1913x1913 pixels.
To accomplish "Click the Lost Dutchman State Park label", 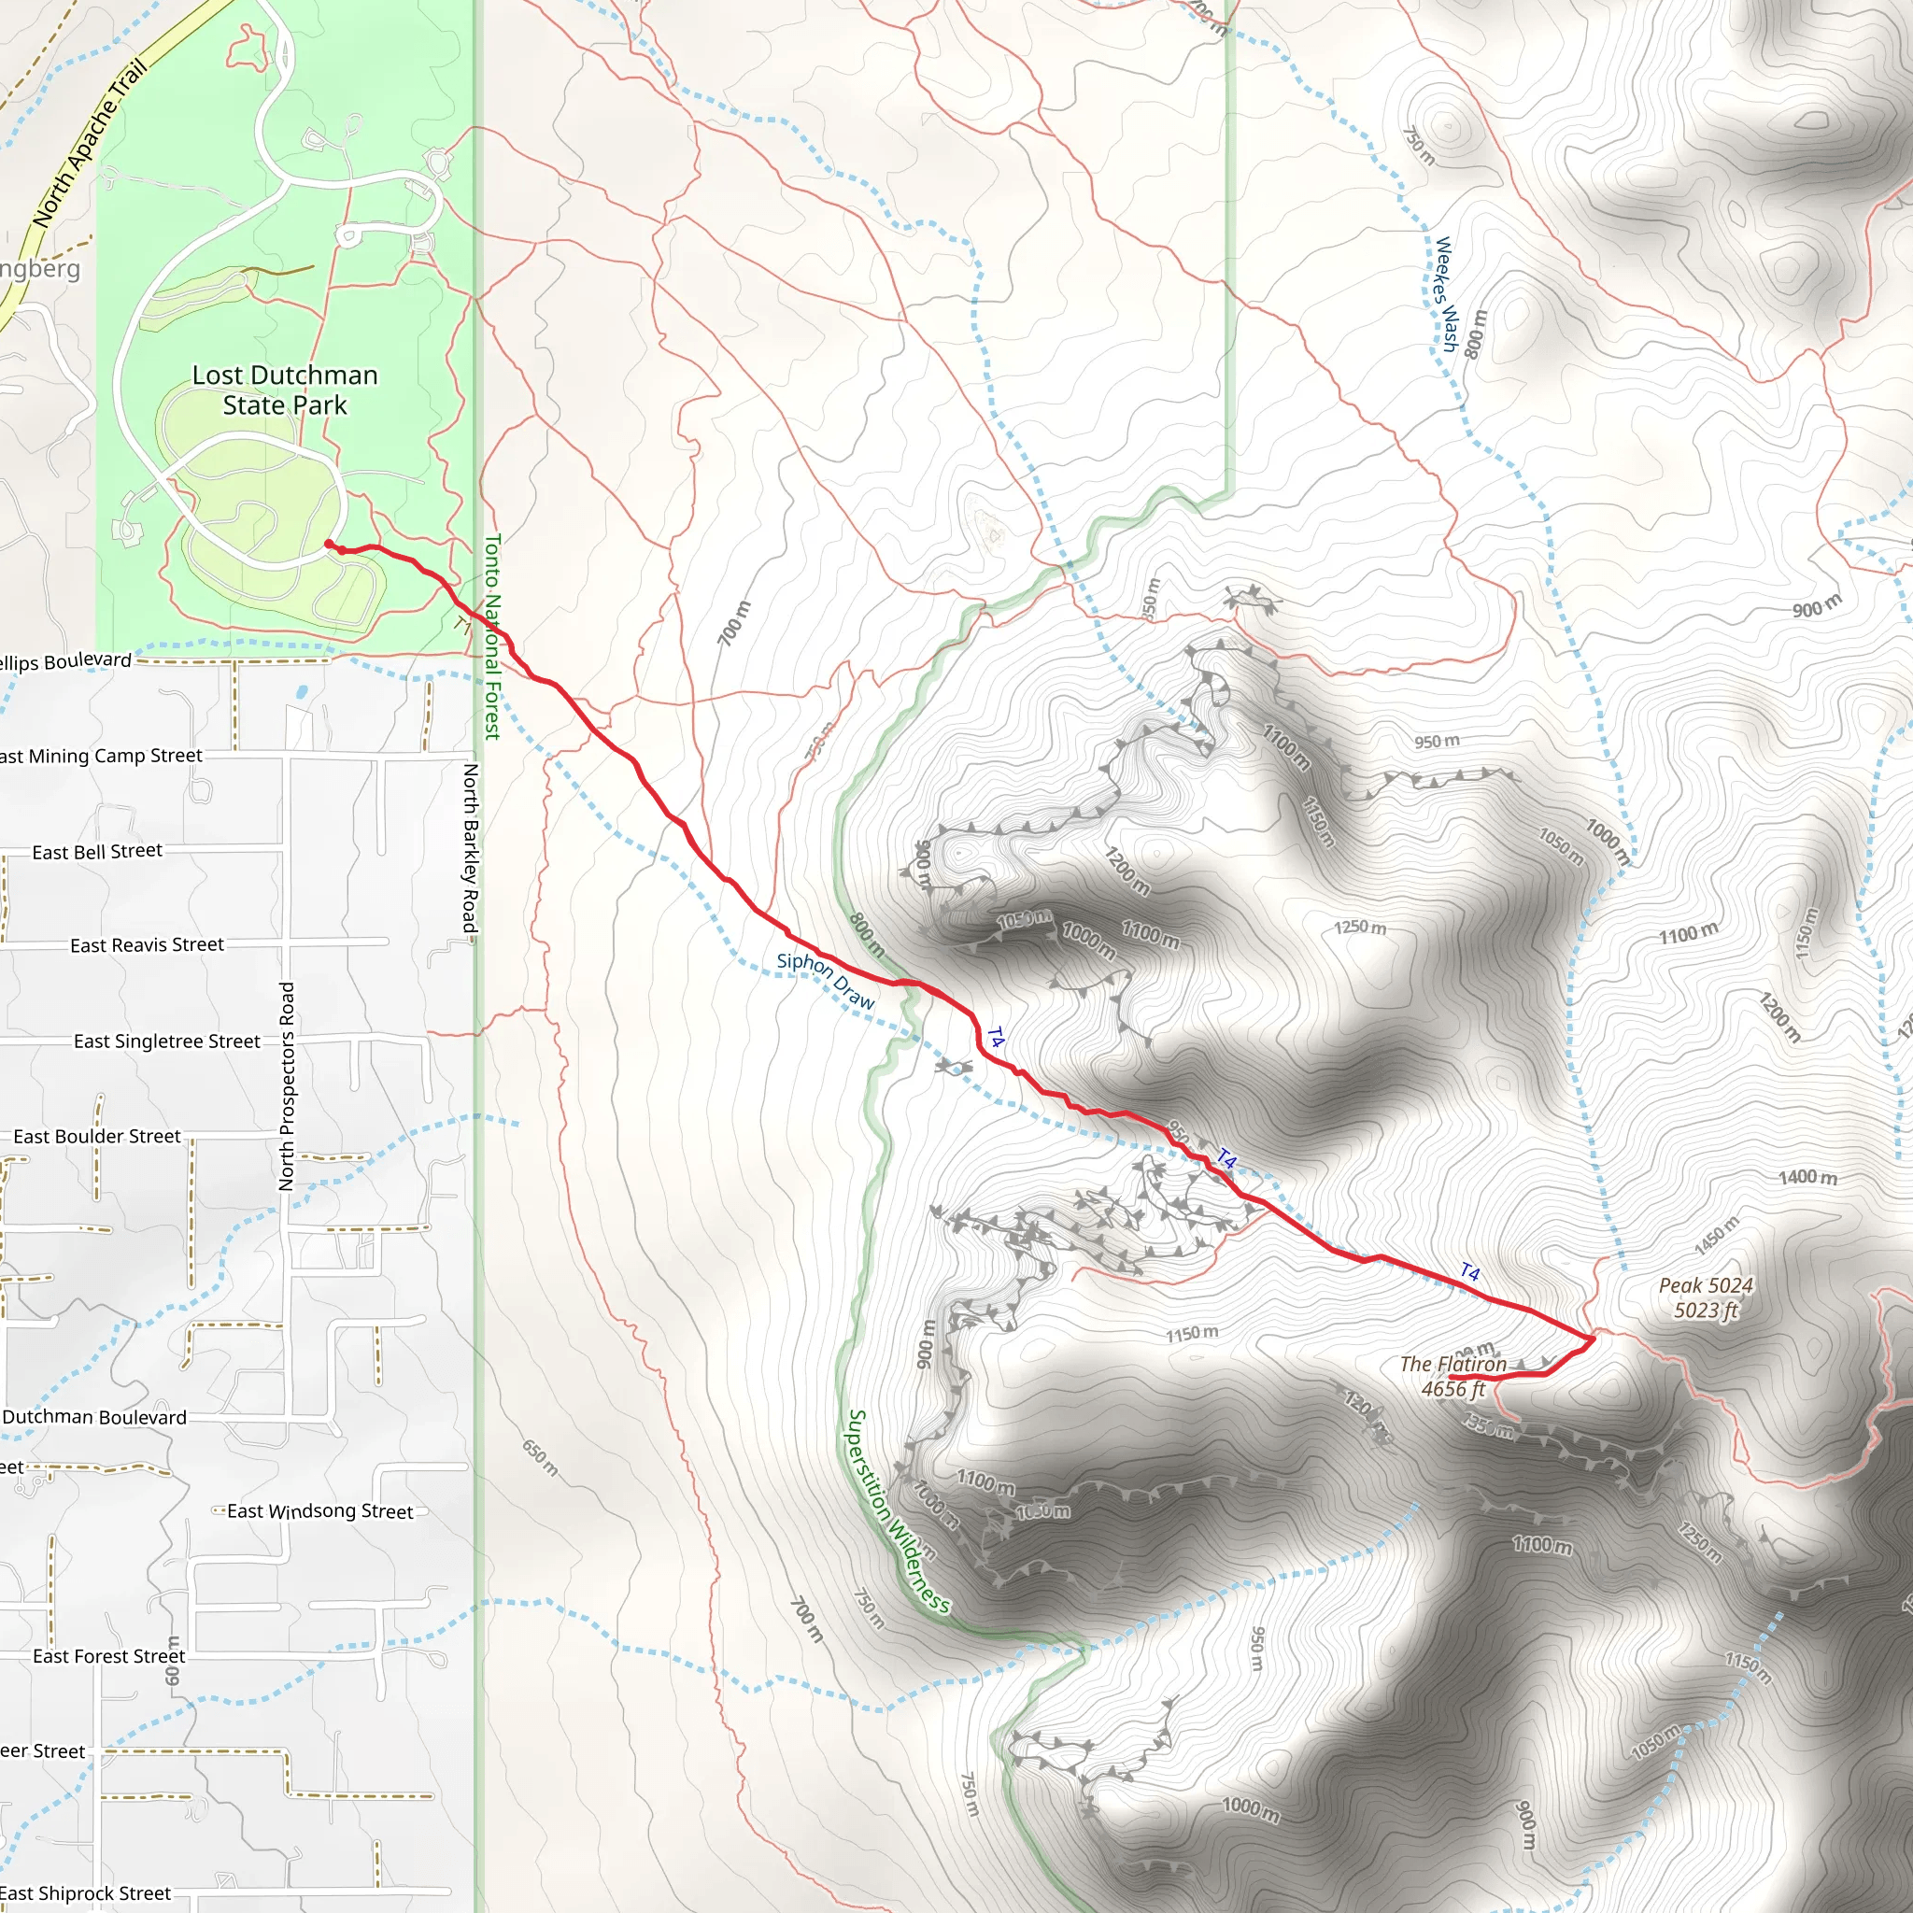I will coord(284,390).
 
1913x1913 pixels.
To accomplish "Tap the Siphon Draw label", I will coord(826,980).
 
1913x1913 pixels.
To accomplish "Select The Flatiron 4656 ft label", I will coord(1452,1376).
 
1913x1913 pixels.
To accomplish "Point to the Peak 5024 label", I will coord(1705,1297).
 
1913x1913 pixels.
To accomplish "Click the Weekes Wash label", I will coord(1447,293).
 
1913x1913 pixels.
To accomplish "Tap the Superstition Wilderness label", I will coord(896,1512).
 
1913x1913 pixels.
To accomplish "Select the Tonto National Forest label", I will coord(492,636).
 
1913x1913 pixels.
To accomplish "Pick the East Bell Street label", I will coord(97,852).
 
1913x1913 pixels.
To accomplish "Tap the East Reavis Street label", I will coord(147,944).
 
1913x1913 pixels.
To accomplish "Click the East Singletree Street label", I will coord(166,1041).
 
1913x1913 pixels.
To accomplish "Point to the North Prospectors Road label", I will coord(287,1085).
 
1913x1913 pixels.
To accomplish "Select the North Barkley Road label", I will coord(472,846).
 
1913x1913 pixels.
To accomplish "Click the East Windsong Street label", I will coord(319,1511).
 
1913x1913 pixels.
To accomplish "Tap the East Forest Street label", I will coord(109,1655).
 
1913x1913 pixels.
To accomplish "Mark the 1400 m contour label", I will coord(1807,1176).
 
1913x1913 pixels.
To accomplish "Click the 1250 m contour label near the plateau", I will coord(1359,927).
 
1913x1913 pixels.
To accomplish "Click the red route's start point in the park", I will coord(329,543).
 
